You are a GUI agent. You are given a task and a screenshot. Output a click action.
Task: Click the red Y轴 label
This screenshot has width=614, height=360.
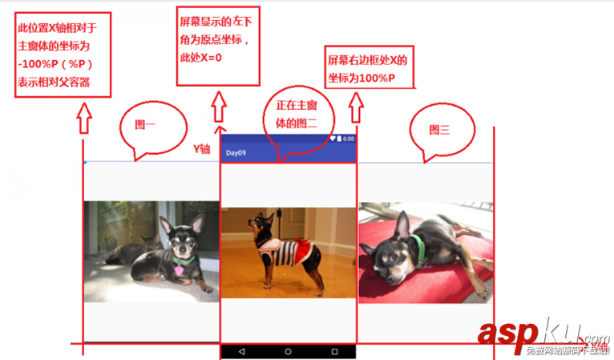(202, 148)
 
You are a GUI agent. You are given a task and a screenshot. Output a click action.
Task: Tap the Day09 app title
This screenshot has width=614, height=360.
(236, 152)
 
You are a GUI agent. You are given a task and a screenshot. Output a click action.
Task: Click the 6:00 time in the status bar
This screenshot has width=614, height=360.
(347, 140)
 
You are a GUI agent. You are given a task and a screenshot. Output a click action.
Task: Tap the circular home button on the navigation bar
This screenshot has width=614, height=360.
(288, 351)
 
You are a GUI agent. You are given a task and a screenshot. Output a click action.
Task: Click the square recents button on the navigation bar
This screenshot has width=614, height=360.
(334, 351)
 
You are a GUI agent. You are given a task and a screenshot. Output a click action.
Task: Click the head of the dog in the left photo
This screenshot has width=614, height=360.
(176, 229)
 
